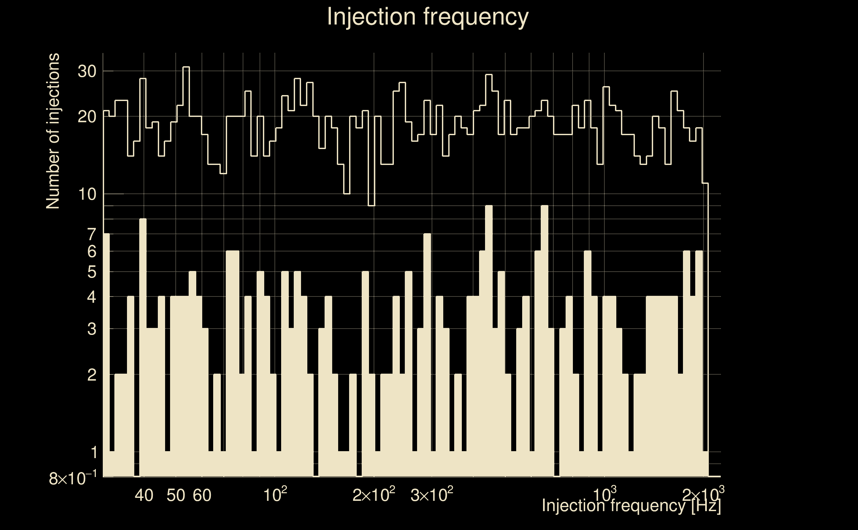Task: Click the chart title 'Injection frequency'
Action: (428, 17)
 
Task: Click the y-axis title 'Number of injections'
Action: (53, 131)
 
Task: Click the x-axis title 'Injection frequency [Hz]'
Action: (631, 505)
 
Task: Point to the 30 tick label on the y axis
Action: (87, 72)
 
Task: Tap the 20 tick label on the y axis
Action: (87, 117)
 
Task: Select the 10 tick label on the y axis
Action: (87, 194)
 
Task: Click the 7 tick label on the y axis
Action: (92, 234)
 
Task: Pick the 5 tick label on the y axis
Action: (92, 272)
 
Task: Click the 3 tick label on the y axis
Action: (92, 329)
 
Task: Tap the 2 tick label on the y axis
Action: (92, 375)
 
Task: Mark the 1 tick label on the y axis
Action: (93, 452)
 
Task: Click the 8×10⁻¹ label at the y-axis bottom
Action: (73, 478)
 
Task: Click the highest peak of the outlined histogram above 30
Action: (186, 67)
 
